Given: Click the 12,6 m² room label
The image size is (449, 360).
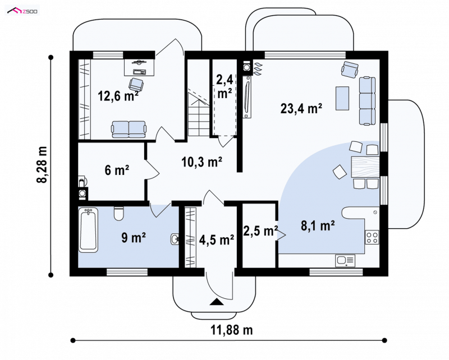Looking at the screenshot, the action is pyautogui.click(x=118, y=96).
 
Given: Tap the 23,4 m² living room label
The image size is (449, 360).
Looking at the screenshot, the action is pyautogui.click(x=301, y=108).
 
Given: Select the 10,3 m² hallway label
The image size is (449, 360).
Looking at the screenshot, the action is pyautogui.click(x=202, y=162).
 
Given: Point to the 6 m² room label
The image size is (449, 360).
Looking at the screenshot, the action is pyautogui.click(x=117, y=170).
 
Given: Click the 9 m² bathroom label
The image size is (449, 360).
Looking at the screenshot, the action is pyautogui.click(x=134, y=238).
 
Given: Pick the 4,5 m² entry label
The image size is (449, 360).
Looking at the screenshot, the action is pyautogui.click(x=217, y=240).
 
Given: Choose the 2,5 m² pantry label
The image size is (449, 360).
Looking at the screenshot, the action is pyautogui.click(x=260, y=230).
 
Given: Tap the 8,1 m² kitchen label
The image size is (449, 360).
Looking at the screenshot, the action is pyautogui.click(x=318, y=225).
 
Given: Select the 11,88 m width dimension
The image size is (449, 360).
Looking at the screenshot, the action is pyautogui.click(x=232, y=330).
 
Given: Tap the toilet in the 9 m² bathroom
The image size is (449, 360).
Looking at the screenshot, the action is pyautogui.click(x=118, y=214).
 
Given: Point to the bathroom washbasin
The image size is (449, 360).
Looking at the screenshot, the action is pyautogui.click(x=175, y=239).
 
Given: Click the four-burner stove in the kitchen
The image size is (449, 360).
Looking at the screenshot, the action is pyautogui.click(x=372, y=237).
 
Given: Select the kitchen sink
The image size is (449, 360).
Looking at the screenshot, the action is pyautogui.click(x=345, y=260).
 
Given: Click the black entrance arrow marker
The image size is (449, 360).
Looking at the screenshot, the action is pyautogui.click(x=217, y=302).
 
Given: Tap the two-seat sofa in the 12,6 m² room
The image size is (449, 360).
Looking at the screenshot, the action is pyautogui.click(x=129, y=129).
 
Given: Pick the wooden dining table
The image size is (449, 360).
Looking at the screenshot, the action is pyautogui.click(x=365, y=167).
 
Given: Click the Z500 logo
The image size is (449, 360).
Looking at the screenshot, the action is pyautogui.click(x=22, y=11).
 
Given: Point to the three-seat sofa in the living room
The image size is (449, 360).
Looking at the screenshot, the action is pyautogui.click(x=368, y=101).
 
